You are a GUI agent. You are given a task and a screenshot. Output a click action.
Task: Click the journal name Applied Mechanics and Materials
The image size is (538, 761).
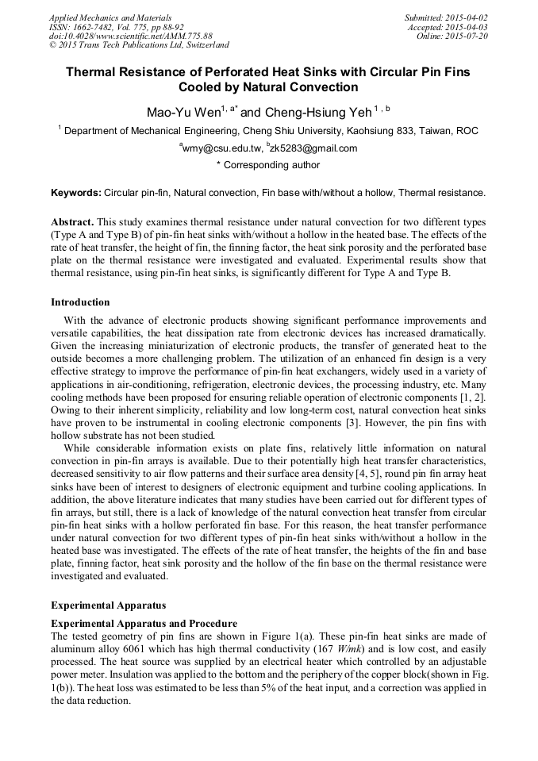110,17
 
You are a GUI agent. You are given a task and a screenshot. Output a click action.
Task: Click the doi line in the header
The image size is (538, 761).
131,37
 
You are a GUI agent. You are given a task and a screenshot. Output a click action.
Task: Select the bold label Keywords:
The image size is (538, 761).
76,193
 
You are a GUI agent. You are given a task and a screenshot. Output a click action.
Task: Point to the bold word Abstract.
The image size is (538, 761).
72,221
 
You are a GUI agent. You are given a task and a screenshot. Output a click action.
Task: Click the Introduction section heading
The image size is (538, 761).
80,302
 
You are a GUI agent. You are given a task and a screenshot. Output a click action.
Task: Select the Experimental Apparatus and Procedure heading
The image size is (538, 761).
144,624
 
